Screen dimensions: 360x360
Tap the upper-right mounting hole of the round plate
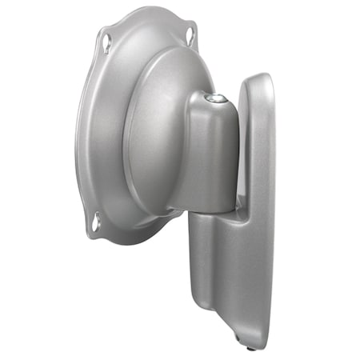tap(190, 34)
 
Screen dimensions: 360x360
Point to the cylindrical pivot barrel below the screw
tap(213, 152)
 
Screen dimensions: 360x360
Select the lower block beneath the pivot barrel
tap(212, 256)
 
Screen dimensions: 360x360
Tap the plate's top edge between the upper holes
tap(148, 12)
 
